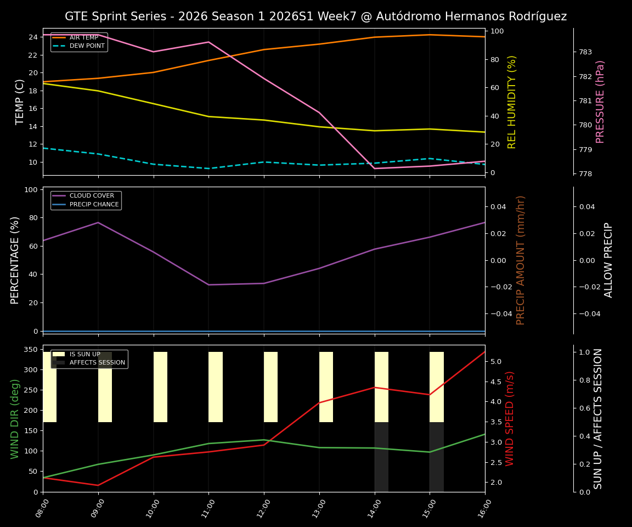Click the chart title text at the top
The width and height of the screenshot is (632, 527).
pos(315,16)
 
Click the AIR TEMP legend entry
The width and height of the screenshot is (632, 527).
pos(83,37)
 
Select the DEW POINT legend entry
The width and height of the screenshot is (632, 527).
pos(87,46)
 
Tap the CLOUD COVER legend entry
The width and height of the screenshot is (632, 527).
pos(92,196)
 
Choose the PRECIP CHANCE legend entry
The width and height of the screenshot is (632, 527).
pos(94,205)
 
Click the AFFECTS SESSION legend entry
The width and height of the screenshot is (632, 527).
pos(97,363)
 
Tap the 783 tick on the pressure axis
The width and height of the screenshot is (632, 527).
pos(585,52)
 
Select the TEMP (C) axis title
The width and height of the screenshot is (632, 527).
pos(20,102)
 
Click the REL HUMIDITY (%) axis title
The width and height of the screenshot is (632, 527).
pos(512,102)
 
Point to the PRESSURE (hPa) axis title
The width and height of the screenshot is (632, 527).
pos(600,102)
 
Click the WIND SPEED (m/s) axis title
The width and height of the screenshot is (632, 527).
pos(510,418)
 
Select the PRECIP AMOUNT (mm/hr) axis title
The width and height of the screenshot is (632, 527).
pos(521,260)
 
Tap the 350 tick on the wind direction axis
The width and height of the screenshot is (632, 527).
pos(31,350)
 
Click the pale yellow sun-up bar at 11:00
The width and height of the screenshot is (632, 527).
pos(216,387)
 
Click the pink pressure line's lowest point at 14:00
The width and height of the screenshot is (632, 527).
pos(375,169)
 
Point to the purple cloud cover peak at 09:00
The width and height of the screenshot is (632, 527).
pos(98,222)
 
